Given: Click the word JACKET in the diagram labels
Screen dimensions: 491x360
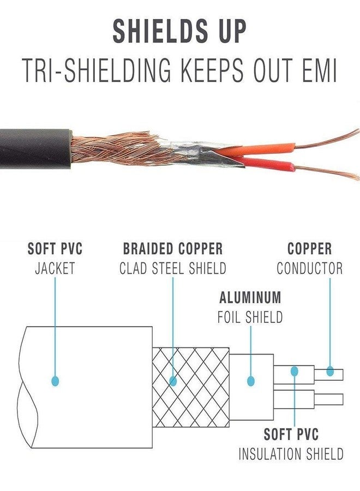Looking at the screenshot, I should [55, 268].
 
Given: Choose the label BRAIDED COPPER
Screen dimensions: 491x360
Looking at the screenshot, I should [172, 249].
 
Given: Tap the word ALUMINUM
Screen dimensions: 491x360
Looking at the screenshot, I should [250, 298].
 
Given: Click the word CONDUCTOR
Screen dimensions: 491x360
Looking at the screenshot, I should [309, 268].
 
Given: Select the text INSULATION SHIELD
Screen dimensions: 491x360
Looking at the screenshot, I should [291, 454].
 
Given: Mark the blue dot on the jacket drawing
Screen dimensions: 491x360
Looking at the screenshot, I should [55, 380].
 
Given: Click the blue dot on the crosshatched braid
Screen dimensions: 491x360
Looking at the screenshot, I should [173, 380].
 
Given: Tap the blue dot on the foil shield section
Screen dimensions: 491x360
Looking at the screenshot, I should [251, 380].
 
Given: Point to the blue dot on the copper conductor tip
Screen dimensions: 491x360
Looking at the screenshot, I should [330, 372].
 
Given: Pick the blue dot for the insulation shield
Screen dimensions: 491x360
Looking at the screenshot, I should [295, 371].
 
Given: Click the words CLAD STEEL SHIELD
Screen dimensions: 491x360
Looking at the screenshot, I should [172, 268].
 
